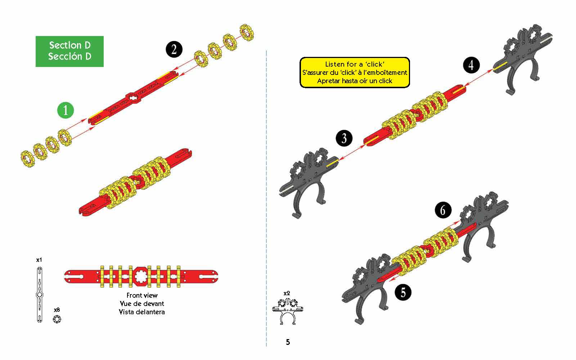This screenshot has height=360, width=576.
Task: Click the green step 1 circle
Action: point(65,110)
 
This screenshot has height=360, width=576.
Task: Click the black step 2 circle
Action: point(174,49)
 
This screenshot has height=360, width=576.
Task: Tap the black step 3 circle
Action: point(344,138)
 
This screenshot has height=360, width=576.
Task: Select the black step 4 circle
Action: point(471,65)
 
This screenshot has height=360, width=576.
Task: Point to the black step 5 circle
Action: point(403,292)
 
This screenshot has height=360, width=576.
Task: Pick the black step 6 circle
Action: point(443,210)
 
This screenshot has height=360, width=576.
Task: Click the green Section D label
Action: point(70,51)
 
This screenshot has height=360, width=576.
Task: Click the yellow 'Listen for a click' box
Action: point(355,72)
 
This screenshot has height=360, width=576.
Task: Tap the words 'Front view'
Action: point(142,295)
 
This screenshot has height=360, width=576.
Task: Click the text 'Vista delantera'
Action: point(142,312)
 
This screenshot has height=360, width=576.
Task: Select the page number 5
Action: point(288,342)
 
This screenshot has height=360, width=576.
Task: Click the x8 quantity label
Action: point(57,310)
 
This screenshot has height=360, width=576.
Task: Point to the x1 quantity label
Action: point(39,260)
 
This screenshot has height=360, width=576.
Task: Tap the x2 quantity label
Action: point(287,293)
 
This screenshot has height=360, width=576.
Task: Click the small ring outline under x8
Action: point(57,319)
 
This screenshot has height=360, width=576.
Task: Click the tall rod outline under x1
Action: point(39,295)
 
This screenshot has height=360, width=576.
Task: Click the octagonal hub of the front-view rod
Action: point(141,276)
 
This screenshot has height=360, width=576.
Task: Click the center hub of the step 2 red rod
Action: point(133,98)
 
